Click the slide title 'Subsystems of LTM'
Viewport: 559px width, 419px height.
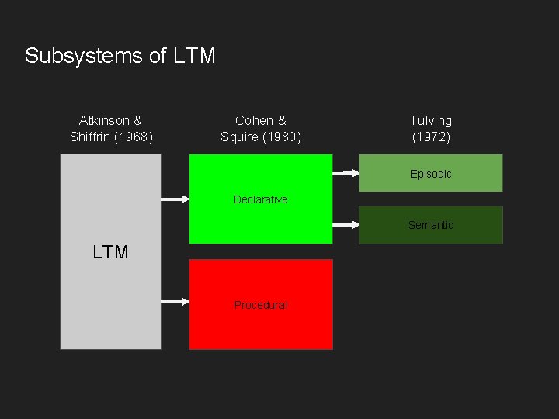[x=120, y=56]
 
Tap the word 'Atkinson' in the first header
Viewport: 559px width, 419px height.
[x=104, y=120]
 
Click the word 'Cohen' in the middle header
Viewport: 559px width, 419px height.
[x=254, y=120]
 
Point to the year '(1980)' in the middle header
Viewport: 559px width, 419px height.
[x=283, y=137]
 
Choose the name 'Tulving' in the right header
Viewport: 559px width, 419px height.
[x=430, y=120]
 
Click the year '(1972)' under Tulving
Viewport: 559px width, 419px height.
[x=430, y=137]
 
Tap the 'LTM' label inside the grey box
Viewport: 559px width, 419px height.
[x=110, y=252]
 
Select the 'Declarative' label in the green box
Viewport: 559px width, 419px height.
[x=260, y=199]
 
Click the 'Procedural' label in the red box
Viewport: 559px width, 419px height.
[x=260, y=305]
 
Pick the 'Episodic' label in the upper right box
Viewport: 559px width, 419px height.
[x=430, y=174]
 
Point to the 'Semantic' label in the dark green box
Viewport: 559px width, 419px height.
[x=430, y=225]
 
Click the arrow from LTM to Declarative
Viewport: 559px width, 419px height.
[x=175, y=199]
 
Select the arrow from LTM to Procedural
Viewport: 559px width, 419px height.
[x=175, y=301]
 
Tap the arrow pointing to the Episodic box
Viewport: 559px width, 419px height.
[x=345, y=173]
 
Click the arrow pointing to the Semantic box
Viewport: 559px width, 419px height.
[x=345, y=225]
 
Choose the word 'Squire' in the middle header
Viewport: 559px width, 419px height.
[x=239, y=137]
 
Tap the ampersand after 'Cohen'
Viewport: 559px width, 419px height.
[x=281, y=120]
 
